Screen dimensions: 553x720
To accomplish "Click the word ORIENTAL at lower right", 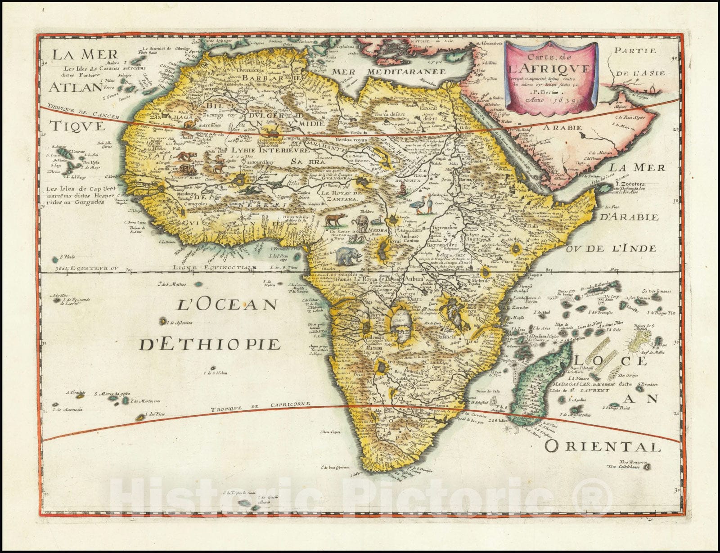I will point(603,446).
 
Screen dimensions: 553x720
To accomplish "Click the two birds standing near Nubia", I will point(423,207).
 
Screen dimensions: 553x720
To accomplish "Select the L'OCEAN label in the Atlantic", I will point(226,305).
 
